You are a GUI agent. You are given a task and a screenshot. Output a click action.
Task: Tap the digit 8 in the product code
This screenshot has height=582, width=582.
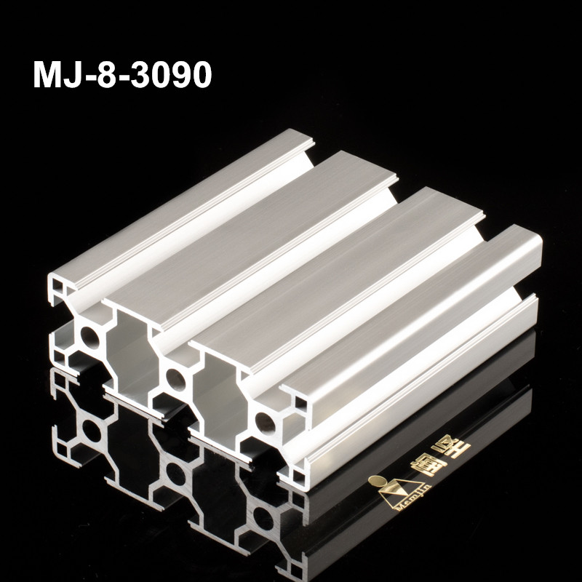tap(110, 75)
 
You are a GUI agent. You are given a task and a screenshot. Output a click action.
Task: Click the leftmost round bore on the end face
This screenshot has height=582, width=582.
tap(91, 335)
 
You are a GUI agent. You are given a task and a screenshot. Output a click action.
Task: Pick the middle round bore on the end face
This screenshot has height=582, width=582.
tap(175, 377)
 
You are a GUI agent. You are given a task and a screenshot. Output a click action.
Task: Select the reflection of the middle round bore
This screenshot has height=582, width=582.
tap(175, 477)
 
